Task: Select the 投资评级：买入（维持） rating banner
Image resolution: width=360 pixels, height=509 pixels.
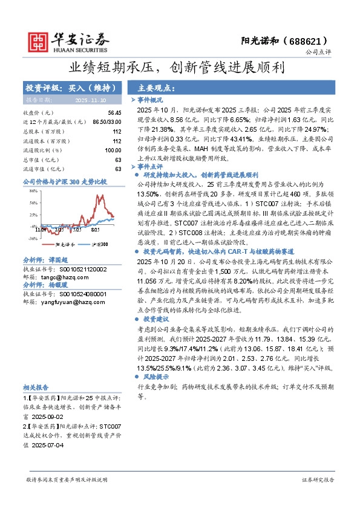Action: (71, 88)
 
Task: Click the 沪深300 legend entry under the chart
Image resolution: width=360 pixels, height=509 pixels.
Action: (99, 244)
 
